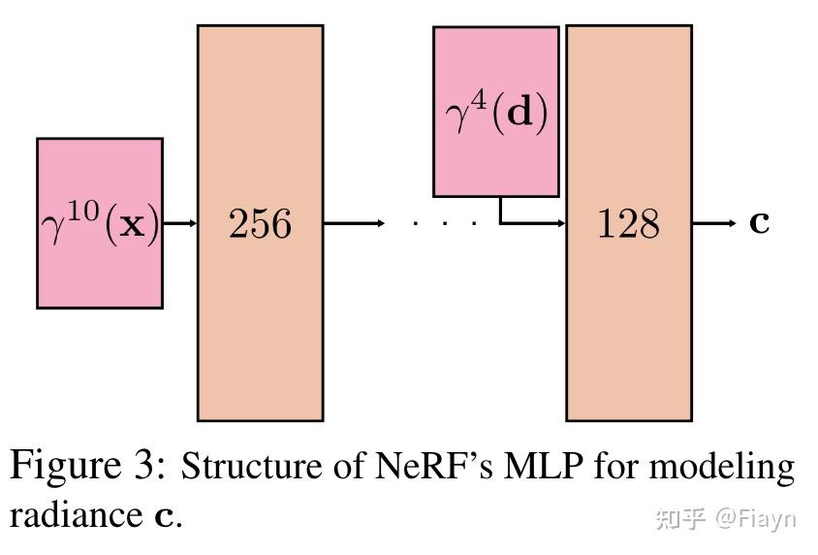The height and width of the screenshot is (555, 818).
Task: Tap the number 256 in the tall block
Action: coord(260,224)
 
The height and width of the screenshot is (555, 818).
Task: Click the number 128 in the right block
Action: coord(628,224)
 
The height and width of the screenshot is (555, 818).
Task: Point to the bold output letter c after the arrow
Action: coord(760,222)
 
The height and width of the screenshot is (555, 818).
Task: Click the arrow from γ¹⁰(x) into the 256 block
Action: coord(179,224)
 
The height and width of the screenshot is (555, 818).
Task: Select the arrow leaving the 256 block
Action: coord(353,224)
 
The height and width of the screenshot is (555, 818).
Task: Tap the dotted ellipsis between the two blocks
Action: coord(444,224)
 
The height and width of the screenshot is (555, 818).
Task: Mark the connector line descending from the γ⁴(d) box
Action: coord(501,211)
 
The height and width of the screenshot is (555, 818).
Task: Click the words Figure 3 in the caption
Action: coord(85,468)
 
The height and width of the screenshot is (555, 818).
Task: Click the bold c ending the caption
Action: coord(165,514)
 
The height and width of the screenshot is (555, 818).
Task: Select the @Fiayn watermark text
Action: coord(755,518)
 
